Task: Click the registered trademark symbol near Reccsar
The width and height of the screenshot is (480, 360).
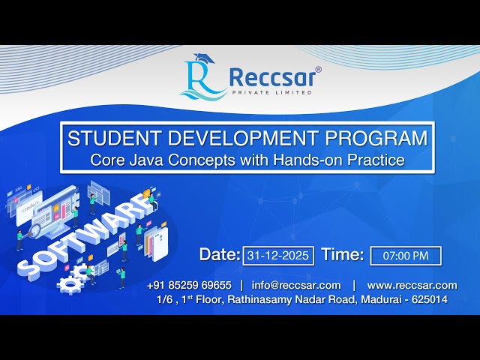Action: [318, 70]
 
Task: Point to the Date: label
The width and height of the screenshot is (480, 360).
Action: [220, 255]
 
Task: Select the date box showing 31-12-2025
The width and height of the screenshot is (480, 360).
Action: [278, 256]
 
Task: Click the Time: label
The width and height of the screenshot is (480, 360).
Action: [343, 255]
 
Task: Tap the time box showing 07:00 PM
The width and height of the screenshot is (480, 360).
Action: [406, 256]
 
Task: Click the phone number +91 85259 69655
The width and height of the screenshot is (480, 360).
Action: [189, 285]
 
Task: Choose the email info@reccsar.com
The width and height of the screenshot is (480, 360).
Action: [296, 285]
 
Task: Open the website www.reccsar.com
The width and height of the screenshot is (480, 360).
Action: [412, 285]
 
